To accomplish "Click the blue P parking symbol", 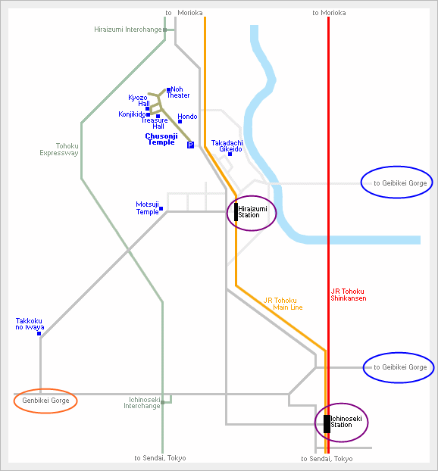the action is (x=191, y=145).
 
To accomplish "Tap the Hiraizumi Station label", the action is (x=252, y=212).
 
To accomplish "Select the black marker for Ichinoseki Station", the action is (x=327, y=424).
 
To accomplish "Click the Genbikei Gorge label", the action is (x=45, y=401).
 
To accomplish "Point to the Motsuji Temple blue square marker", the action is (x=161, y=208).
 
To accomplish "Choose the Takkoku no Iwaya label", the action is (x=30, y=324).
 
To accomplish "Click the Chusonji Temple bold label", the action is (x=161, y=139).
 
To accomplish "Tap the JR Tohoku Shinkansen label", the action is (x=349, y=295).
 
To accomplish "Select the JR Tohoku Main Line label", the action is (x=283, y=304).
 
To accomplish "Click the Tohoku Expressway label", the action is (x=59, y=149).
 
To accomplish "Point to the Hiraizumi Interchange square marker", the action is (x=164, y=30).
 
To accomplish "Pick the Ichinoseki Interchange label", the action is (x=142, y=403).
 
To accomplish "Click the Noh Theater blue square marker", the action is (x=169, y=89).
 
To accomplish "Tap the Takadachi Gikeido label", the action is (x=227, y=146).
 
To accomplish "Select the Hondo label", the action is (x=187, y=117).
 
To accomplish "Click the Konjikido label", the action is (x=132, y=114).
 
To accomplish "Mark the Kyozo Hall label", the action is (x=139, y=100).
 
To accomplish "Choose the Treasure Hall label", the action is (x=155, y=123).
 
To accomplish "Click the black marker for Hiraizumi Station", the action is (x=236, y=212).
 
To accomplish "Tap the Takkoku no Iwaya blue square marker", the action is (x=39, y=333).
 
